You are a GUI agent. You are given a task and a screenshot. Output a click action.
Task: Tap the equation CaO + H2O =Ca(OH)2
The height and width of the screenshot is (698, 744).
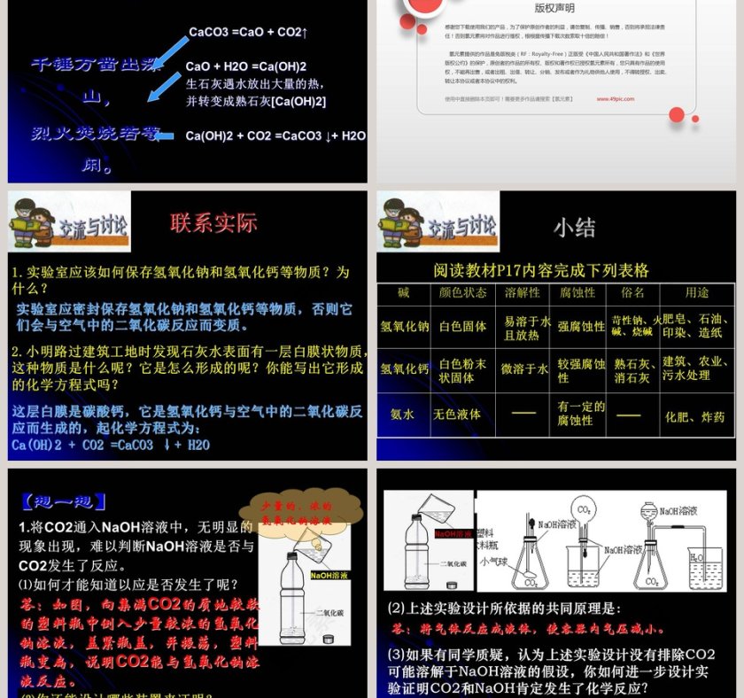(246, 66)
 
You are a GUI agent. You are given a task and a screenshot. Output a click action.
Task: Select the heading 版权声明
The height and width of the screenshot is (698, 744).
(555, 9)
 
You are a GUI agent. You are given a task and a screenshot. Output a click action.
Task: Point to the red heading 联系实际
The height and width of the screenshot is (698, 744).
(213, 222)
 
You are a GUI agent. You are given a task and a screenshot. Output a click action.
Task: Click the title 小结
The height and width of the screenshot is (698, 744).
(574, 228)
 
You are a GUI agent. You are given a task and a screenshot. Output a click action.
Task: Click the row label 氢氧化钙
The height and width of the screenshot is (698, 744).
(405, 368)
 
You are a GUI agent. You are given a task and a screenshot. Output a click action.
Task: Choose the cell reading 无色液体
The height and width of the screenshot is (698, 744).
(458, 414)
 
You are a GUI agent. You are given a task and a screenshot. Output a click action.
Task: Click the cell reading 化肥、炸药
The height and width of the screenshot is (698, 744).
(694, 416)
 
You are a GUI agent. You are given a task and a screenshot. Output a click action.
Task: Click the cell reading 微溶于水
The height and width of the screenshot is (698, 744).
(525, 368)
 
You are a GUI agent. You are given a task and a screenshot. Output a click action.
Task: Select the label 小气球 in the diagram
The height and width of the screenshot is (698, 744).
(492, 560)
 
